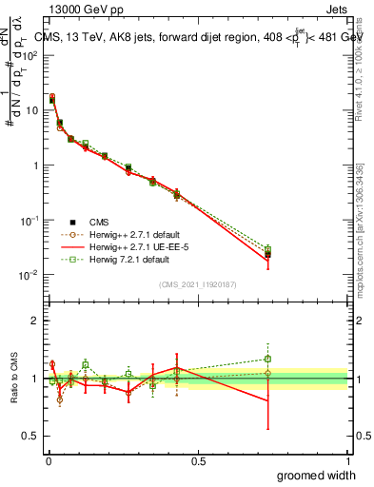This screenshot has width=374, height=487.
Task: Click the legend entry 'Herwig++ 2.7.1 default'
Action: (x=136, y=234)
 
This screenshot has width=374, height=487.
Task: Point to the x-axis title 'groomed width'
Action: (x=316, y=475)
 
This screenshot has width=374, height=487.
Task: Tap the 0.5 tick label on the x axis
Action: (x=198, y=459)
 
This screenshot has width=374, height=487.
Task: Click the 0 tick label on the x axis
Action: (x=48, y=459)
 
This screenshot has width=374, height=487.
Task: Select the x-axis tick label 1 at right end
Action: (x=348, y=459)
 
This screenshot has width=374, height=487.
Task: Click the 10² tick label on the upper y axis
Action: (x=31, y=55)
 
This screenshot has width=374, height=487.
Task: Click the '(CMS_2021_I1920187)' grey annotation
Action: (x=198, y=283)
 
